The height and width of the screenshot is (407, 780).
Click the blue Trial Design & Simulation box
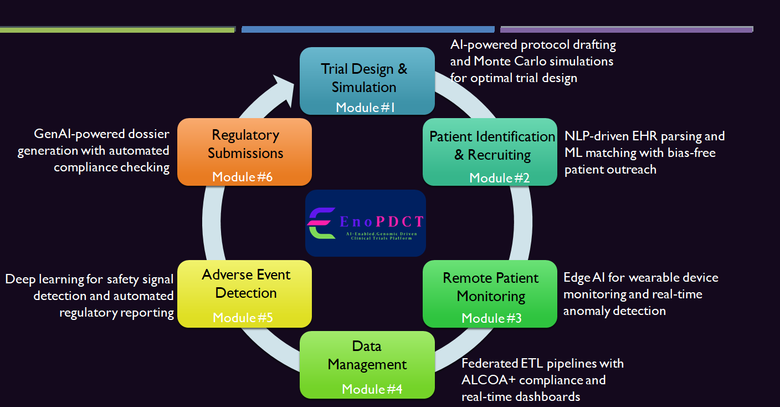[367, 80]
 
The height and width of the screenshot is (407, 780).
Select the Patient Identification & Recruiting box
[490, 151]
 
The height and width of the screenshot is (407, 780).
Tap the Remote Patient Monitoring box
[490, 293]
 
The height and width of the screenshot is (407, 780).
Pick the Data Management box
[367, 364]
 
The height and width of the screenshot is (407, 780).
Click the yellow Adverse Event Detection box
[244, 293]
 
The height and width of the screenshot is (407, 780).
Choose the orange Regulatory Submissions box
[244, 151]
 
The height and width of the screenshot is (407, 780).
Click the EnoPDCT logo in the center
[365, 223]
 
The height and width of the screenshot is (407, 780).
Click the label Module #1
[365, 107]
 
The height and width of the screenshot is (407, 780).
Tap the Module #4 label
[372, 389]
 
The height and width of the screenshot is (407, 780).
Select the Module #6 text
[242, 177]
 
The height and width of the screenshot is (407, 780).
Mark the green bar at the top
[117, 29]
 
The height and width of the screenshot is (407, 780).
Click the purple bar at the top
[627, 29]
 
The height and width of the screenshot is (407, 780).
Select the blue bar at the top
[368, 29]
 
